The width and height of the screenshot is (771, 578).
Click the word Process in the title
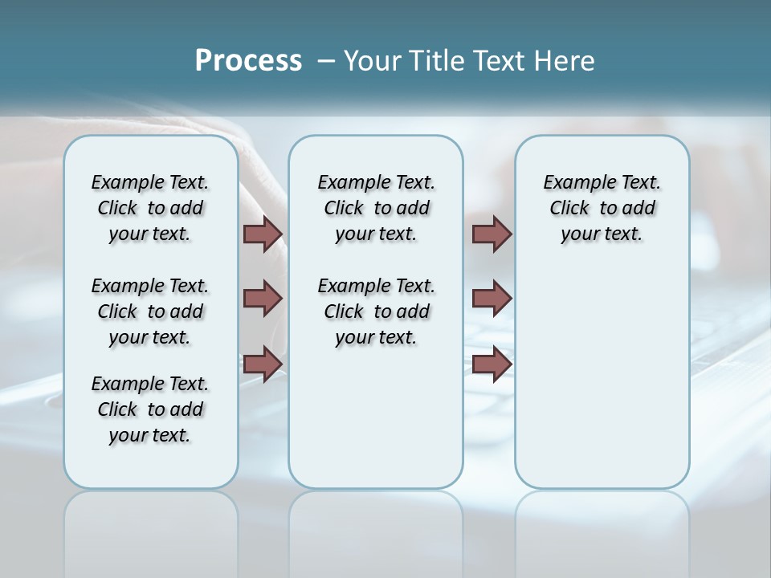(x=248, y=60)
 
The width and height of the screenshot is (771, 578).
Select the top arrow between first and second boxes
(x=263, y=234)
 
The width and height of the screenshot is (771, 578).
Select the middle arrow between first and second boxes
(x=263, y=299)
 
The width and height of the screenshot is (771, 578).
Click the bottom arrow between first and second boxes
(x=263, y=364)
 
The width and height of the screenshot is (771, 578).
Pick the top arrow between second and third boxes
(x=492, y=234)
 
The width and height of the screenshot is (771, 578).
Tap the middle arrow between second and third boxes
(x=492, y=299)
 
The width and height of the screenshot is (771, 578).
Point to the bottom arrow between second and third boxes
(x=492, y=364)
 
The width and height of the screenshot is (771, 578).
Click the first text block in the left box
(x=150, y=208)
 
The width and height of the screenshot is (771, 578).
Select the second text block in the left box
(x=150, y=311)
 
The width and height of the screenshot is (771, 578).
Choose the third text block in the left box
(x=150, y=409)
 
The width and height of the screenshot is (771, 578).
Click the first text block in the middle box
(x=376, y=208)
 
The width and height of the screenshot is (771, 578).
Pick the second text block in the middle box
(x=376, y=311)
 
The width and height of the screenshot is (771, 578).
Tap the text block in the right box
(x=602, y=208)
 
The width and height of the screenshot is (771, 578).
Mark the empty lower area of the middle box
(x=376, y=417)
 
